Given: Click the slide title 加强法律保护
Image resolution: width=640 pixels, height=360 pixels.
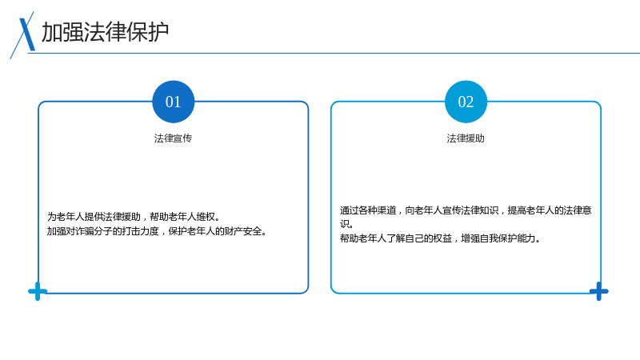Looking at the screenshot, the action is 106,32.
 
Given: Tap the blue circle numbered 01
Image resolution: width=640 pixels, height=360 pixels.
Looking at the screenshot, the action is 173,102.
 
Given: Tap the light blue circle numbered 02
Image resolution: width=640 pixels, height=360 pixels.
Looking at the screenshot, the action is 466,102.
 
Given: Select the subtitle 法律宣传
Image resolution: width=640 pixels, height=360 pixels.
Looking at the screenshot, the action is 173,138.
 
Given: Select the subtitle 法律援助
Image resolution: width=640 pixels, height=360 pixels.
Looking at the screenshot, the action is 466,138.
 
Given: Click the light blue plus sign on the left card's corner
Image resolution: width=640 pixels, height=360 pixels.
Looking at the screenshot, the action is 38,291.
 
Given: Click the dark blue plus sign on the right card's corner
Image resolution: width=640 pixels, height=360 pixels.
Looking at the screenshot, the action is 598,291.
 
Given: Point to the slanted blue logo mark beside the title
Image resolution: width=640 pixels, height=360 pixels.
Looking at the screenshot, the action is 23,35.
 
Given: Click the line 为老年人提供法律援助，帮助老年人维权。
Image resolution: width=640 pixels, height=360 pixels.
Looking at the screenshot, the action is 134,216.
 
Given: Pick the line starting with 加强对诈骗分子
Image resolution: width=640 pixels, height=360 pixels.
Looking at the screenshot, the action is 157,231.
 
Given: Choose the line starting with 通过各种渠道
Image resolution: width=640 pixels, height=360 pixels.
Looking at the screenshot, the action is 466,210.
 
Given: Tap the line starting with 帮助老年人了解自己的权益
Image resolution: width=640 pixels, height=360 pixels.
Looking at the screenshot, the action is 440,238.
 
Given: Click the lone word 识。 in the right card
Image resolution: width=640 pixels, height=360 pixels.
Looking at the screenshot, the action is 346,224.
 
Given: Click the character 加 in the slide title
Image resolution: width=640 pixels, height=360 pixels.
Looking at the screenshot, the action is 52,32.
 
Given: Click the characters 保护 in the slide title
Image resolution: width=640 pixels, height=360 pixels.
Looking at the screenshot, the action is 148,32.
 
